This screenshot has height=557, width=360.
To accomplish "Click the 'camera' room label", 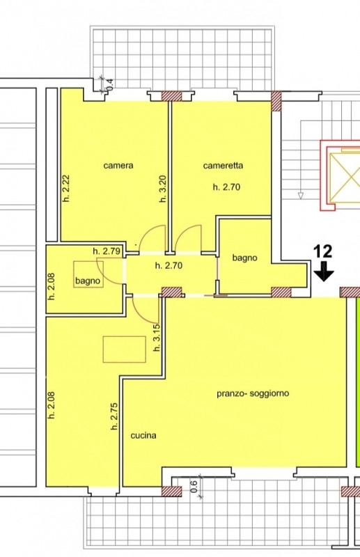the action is click(118, 166).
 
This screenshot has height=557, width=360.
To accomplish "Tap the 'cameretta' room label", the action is click(224, 166).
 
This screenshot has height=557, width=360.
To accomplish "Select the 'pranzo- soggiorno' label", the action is click(253, 393).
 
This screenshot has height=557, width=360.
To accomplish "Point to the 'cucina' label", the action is click(143, 436).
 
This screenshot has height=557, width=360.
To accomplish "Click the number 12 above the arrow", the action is click(322, 251).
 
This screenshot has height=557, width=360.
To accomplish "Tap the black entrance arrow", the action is click(324, 272).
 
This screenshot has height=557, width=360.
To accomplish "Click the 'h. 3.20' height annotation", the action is click(163, 189).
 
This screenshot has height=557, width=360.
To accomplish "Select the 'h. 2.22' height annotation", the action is click(66, 189).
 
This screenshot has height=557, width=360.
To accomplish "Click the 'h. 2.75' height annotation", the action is click(114, 416).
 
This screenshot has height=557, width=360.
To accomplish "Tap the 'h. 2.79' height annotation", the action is click(107, 251).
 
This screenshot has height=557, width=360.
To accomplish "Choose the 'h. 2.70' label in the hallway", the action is click(169, 265).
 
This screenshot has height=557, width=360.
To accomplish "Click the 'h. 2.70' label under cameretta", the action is click(226, 187).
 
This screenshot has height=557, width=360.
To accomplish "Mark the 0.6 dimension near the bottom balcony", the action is click(194, 487).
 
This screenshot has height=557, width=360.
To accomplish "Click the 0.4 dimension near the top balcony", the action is click(110, 84).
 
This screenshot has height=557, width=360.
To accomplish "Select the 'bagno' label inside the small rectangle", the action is click(88, 281).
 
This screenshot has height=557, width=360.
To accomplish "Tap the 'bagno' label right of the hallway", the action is click(244, 258).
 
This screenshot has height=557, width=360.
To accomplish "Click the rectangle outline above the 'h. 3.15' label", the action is click(125, 336).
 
